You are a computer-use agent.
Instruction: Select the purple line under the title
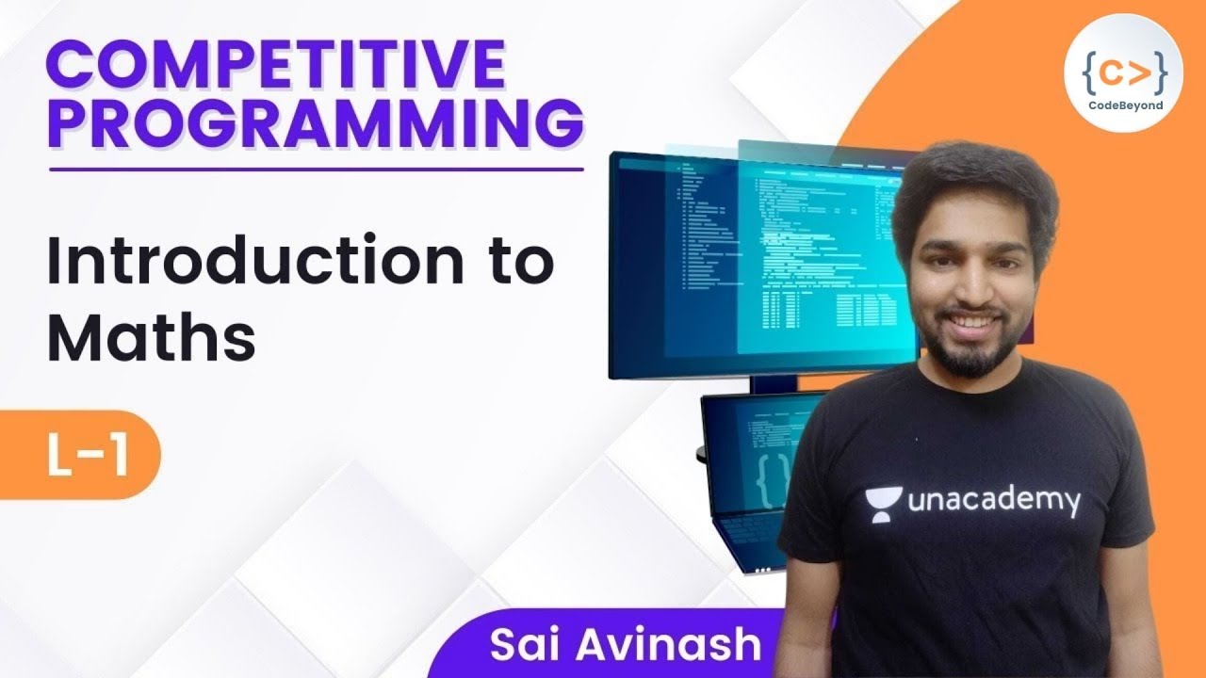[x=315, y=169]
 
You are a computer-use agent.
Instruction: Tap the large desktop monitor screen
[x=754, y=264]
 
